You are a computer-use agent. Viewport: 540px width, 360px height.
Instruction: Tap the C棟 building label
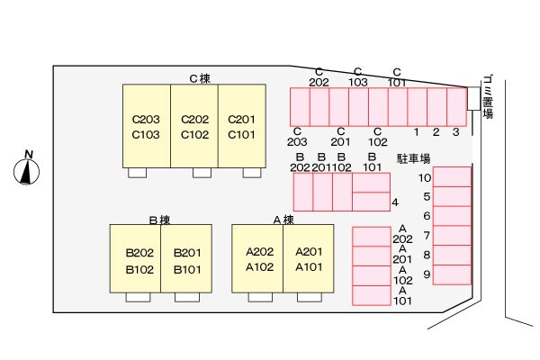(200, 78)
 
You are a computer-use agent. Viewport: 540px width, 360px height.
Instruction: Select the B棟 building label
(159, 219)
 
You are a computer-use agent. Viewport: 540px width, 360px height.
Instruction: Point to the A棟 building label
(283, 219)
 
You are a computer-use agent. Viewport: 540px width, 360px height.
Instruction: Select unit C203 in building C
(146, 119)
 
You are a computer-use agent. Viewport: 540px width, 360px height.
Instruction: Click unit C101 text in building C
(241, 135)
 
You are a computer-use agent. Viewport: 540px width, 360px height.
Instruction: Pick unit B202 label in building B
(139, 252)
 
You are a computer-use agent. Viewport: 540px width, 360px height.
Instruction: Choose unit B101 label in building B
(186, 268)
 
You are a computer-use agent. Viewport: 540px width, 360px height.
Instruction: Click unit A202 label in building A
(259, 252)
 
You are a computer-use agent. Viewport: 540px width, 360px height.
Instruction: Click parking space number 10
(425, 177)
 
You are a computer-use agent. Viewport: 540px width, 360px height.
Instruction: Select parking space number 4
(395, 202)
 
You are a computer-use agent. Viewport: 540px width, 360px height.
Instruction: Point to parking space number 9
(427, 274)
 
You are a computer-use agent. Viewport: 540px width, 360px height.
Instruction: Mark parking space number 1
(417, 132)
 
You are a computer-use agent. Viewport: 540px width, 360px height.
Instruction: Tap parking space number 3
(456, 132)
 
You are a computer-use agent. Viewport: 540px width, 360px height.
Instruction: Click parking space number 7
(427, 236)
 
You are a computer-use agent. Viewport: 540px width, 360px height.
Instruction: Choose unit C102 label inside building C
(194, 135)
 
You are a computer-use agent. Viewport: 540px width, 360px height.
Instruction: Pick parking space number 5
(427, 196)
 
